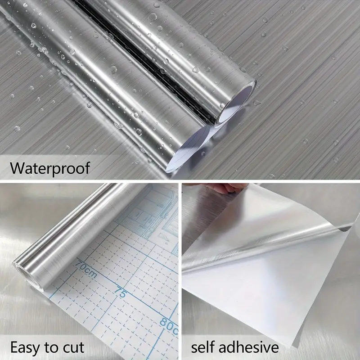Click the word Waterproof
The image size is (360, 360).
[x=49, y=168]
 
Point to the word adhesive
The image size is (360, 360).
[x=249, y=347]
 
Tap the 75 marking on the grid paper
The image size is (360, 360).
[x=120, y=292]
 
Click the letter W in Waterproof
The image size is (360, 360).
[x=17, y=168]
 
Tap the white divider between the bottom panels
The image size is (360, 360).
[x=180, y=270]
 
